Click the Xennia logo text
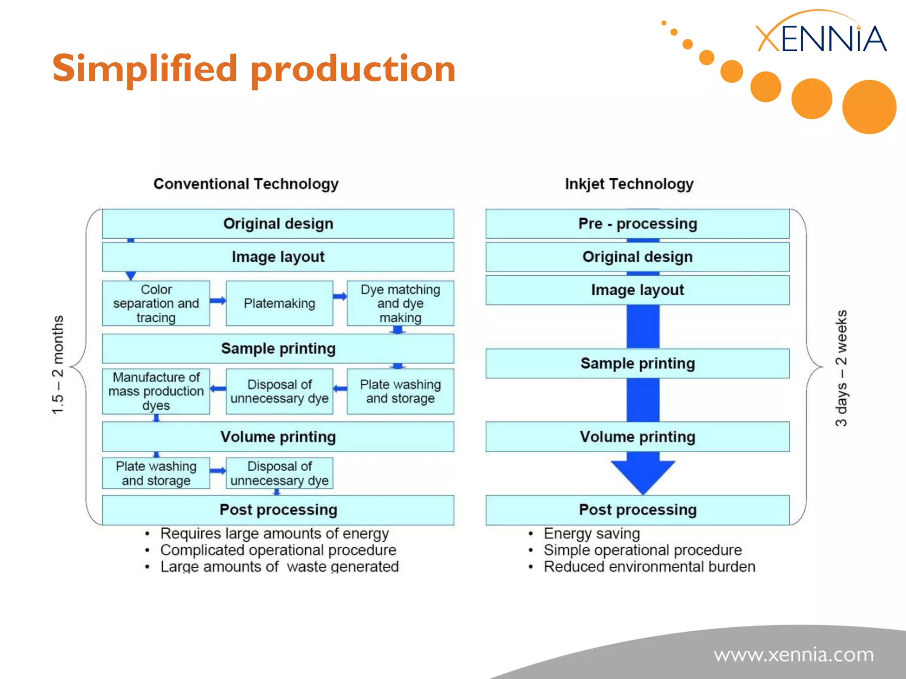821,39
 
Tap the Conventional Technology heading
246,183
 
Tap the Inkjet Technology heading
629,183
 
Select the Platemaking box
279,303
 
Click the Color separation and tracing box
156,303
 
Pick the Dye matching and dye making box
400,303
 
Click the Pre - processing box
637,224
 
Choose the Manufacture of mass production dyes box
156,391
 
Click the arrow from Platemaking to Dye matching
340,297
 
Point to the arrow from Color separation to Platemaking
218,301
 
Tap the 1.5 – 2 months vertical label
58,365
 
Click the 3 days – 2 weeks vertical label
841,368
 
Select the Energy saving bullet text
591,534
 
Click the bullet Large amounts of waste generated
279,567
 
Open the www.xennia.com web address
794,655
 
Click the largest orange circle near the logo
869,107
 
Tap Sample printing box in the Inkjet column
637,363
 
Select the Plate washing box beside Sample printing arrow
400,391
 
